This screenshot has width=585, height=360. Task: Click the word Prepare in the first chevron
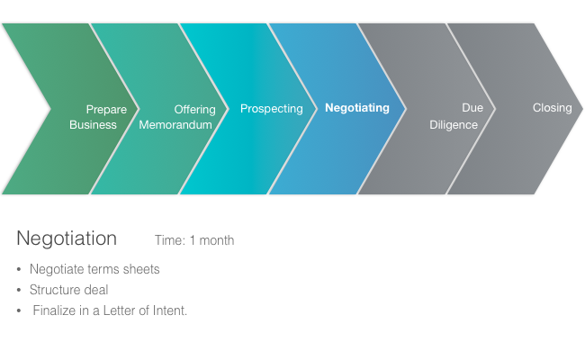pos(106,110)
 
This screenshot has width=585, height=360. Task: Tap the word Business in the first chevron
pos(93,125)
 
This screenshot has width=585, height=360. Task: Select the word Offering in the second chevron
pos(194,110)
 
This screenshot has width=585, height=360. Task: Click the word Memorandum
pos(175,125)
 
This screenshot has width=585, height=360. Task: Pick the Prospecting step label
pos(271,109)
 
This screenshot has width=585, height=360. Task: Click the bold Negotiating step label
pos(357,108)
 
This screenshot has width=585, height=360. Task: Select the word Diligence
pos(454,125)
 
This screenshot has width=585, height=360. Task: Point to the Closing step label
pos(552,108)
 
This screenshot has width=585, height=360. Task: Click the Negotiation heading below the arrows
pos(67,238)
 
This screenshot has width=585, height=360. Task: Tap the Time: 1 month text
pos(194,240)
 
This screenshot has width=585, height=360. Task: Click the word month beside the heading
pos(217,240)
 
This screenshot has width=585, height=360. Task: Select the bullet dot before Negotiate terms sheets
pos(20,269)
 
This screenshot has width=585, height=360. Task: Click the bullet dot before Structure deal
pos(20,290)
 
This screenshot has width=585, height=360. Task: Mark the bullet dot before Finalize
pos(20,310)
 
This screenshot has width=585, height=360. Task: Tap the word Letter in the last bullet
pos(116,310)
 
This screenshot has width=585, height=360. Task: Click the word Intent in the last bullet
pos(168,310)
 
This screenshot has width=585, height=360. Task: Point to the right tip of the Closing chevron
pos(580,108)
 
